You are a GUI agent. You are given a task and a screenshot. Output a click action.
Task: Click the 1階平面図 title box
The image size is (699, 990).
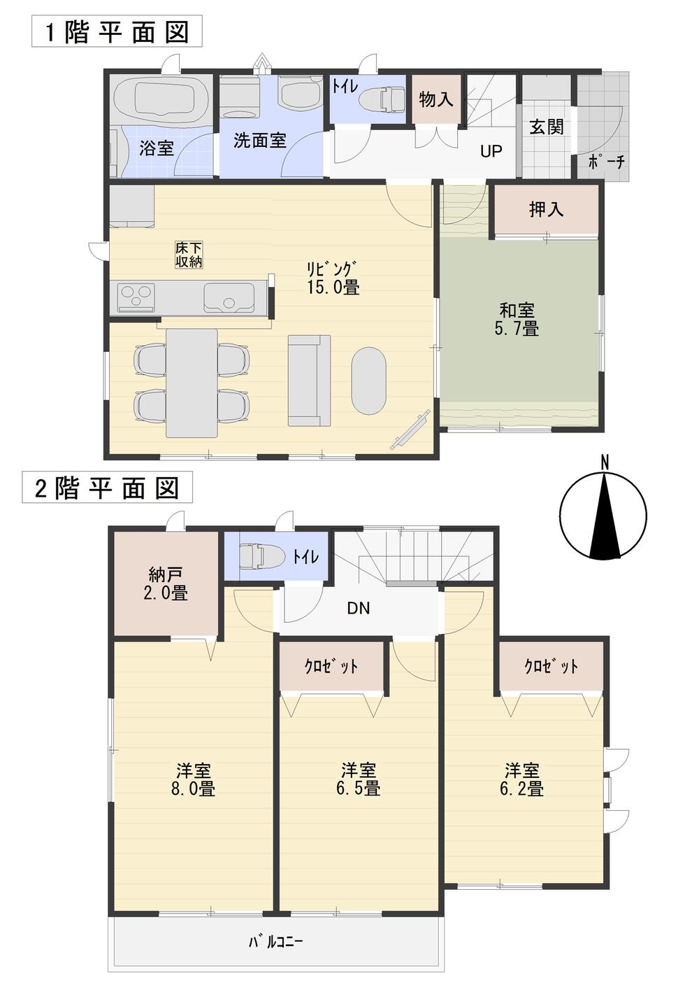pos(117,32)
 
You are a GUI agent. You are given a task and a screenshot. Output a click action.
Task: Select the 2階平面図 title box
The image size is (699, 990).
pos(107,488)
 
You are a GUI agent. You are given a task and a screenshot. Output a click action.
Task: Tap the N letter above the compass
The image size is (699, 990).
pos(605,462)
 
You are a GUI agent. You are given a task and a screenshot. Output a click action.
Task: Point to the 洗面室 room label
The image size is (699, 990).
pos(259,141)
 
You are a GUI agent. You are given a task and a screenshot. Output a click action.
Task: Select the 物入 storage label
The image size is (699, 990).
pos(435,100)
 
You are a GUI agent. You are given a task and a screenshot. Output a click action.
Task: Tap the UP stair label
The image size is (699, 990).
pos(491,150)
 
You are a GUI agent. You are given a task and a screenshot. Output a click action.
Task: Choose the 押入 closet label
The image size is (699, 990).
pos(546,208)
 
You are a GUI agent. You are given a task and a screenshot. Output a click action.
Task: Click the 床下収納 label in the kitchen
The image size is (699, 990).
pos(189,255)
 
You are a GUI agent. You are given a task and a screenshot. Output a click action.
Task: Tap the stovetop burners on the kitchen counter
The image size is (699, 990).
pos(136,297)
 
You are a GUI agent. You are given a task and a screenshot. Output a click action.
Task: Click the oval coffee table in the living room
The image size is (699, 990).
pos(368,381)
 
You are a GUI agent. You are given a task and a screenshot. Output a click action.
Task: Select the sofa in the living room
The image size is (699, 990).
pos(309,380)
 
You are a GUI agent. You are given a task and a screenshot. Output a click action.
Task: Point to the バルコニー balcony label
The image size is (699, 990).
pos(275,942)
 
